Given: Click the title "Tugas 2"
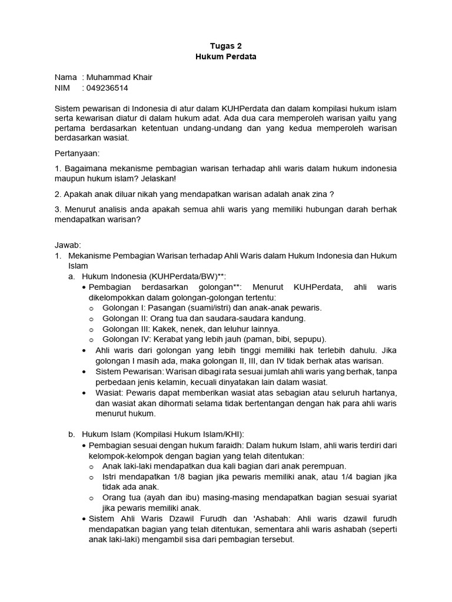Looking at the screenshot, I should [x=225, y=46].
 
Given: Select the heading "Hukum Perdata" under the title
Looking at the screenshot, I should [x=225, y=57].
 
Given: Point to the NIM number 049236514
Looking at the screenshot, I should [x=107, y=88].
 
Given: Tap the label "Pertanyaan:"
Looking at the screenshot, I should [x=77, y=153].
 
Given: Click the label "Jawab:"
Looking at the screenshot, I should [x=67, y=245].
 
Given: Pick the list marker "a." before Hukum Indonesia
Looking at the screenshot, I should [x=71, y=276].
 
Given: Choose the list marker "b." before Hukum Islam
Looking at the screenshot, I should [x=71, y=434].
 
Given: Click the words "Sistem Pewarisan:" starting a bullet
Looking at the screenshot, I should [x=130, y=371].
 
